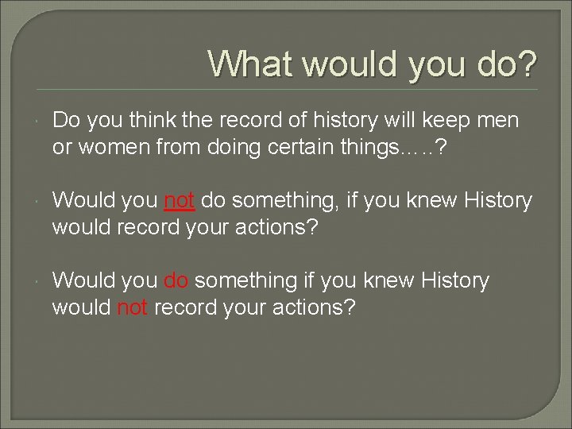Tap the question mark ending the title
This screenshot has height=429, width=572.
(x=525, y=63)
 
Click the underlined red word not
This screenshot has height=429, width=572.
(x=180, y=201)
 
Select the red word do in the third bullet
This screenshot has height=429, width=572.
(x=176, y=280)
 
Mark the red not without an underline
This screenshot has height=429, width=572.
(x=133, y=307)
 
